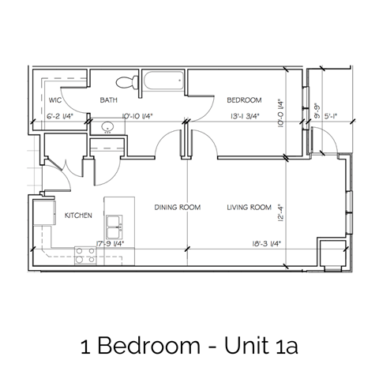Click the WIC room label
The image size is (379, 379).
[x=55, y=101]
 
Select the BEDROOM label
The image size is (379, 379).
[x=244, y=100]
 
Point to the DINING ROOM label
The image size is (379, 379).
[x=178, y=208]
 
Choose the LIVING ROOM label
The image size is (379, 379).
[x=249, y=208]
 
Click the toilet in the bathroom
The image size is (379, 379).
[x=124, y=82]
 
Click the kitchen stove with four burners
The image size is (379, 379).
[x=85, y=255]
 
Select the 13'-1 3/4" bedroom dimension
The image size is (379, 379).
[x=245, y=117]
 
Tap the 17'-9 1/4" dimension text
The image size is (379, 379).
[x=109, y=243]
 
